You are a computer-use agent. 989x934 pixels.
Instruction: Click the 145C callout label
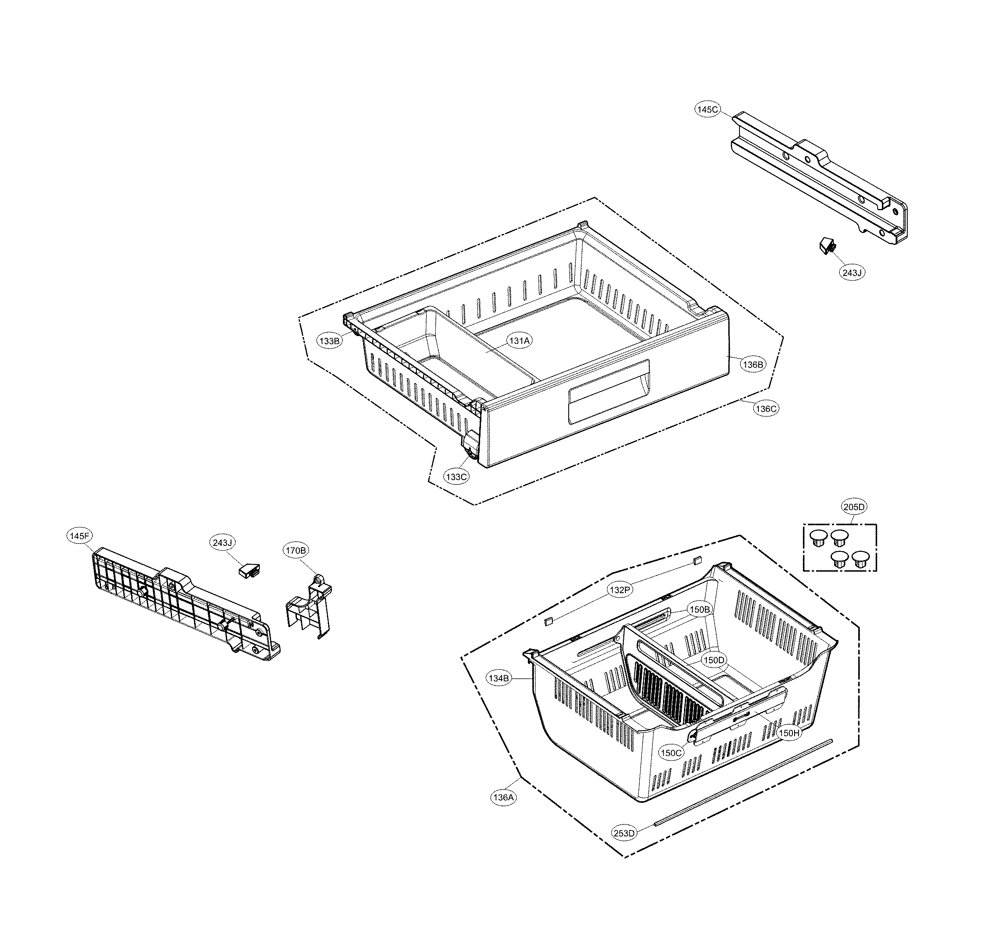point(708,110)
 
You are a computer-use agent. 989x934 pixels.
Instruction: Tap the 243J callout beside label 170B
point(222,543)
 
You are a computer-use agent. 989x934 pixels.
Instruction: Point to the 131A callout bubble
point(519,340)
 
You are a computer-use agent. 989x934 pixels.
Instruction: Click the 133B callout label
point(330,341)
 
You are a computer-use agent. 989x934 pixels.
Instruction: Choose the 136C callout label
point(766,409)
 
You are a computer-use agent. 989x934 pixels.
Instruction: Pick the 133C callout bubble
point(457,477)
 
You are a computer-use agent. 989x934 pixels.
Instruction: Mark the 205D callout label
point(854,507)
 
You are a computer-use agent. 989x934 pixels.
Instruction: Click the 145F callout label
point(80,536)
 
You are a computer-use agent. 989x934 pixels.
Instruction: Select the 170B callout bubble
point(296,550)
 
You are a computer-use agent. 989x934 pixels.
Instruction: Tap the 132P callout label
point(620,590)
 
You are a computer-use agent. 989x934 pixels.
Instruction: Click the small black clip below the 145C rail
point(828,246)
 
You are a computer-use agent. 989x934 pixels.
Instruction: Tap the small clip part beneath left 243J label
point(249,570)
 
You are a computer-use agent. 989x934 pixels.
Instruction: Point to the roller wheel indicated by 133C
point(470,451)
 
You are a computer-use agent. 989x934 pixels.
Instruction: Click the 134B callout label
point(499,678)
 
